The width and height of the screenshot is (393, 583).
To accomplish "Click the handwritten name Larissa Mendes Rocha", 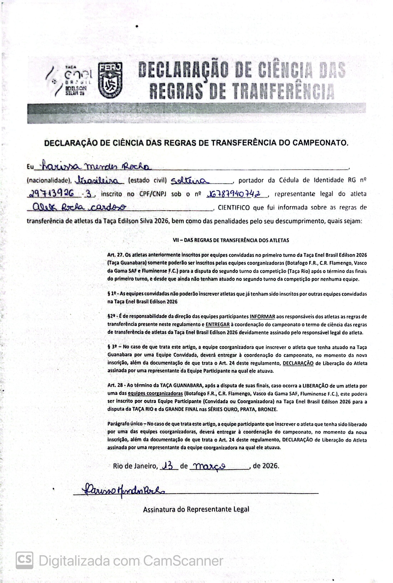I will point(95,166).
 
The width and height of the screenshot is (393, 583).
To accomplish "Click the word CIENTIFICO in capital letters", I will point(234,207).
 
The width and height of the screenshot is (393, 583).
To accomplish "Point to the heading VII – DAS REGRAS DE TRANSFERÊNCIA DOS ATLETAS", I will point(231,240).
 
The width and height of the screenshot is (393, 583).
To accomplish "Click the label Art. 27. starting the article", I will point(115,255).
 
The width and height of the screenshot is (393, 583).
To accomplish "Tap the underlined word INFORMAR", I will point(262,317).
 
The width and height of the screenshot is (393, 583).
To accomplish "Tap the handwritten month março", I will point(210,466).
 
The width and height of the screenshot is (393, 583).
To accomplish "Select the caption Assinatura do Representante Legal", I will point(196,509).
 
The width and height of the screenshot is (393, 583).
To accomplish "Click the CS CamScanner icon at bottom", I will point(24,560).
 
